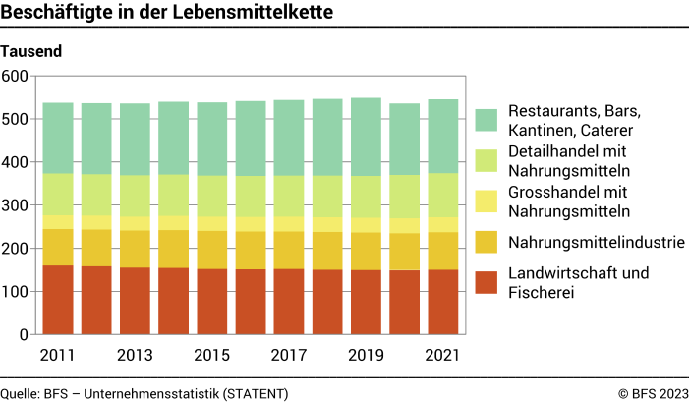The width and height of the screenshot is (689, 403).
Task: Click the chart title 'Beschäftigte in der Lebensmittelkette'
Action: (166, 13)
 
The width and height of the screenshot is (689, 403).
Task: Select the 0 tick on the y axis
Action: (25, 334)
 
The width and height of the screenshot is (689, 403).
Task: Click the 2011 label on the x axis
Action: (58, 354)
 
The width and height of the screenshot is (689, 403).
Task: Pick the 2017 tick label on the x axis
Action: (289, 354)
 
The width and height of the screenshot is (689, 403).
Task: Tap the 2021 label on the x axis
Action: (443, 354)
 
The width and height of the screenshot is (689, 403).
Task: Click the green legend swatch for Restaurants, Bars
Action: (486, 120)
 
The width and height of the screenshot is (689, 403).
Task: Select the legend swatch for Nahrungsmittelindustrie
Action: (486, 242)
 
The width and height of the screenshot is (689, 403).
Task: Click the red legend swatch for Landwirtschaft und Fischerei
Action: (486, 282)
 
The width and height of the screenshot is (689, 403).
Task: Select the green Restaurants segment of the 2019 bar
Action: (366, 138)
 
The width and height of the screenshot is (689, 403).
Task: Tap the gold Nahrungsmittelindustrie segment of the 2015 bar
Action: (212, 250)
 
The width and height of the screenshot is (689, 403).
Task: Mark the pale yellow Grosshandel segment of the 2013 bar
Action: (135, 223)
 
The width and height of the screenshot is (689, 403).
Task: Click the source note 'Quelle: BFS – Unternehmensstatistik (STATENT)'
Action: (144, 393)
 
